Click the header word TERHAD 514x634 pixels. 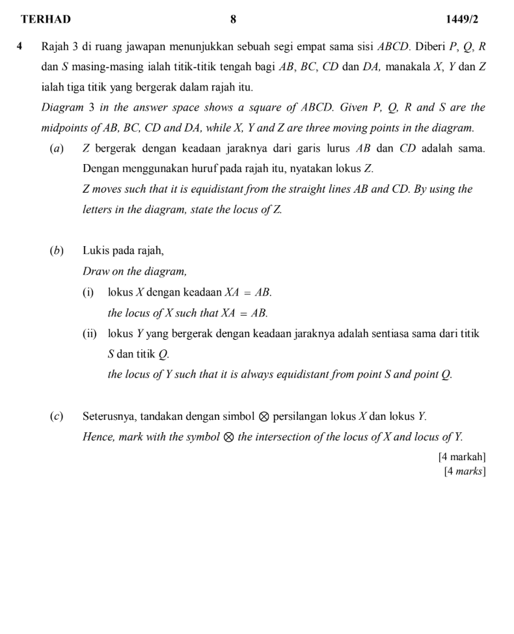(46, 20)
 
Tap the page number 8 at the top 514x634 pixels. (233, 20)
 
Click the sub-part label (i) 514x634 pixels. (88, 292)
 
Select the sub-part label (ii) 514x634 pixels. (90, 334)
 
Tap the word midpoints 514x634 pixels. (65, 127)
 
